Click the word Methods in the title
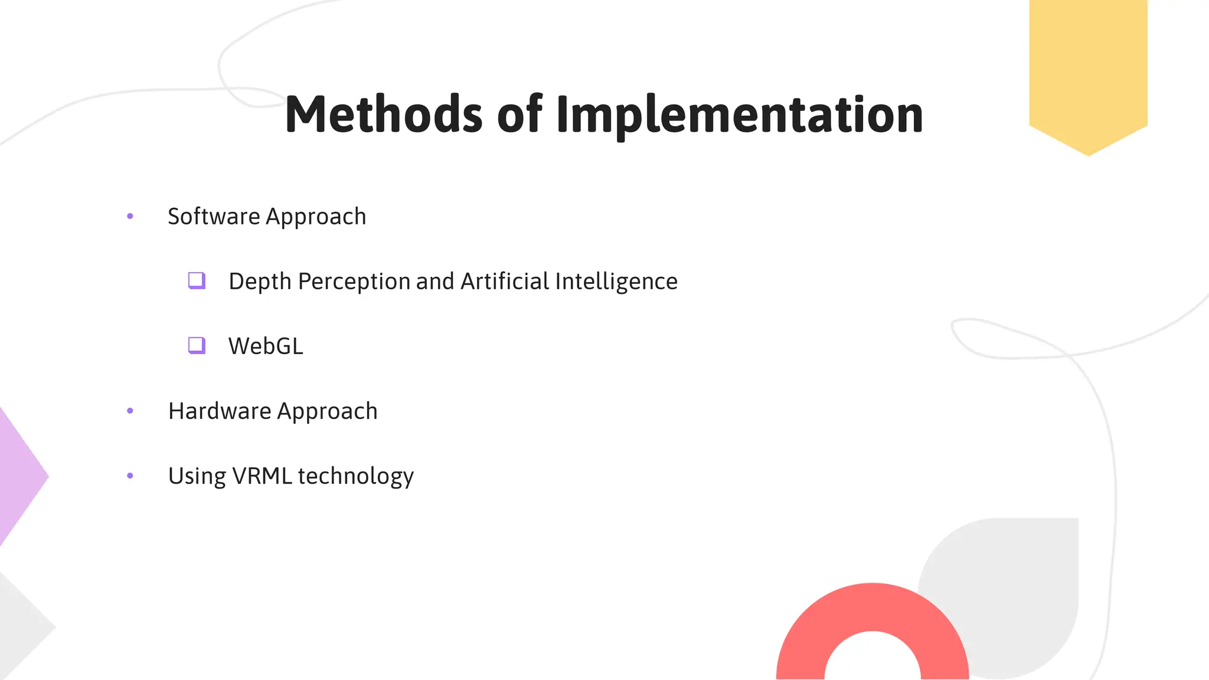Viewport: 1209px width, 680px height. [384, 115]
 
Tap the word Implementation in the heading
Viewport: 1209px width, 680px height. [739, 116]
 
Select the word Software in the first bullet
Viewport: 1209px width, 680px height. [214, 217]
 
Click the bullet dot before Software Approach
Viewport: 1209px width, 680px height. [130, 217]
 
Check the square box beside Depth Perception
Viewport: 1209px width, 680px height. [197, 280]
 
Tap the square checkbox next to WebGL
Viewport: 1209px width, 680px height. [197, 345]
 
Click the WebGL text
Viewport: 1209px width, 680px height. [266, 346]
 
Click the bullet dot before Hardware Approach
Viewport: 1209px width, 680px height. [130, 411]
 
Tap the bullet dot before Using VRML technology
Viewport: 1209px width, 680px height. [130, 476]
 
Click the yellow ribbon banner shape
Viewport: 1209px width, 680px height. [1088, 71]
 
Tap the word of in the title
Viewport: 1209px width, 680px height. [519, 115]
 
